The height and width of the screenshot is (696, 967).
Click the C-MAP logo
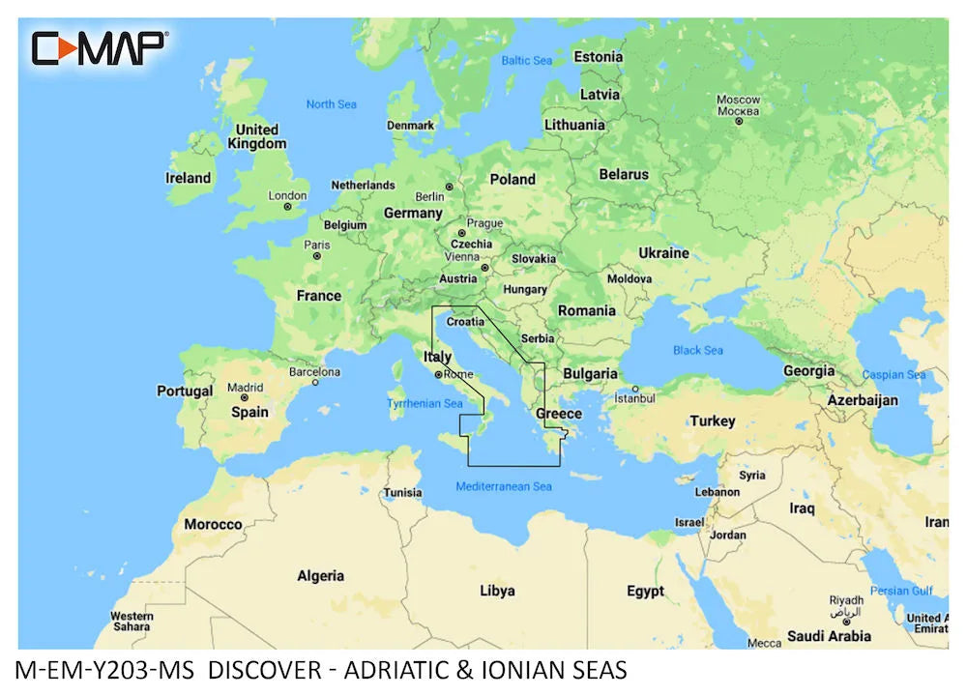tap(100, 47)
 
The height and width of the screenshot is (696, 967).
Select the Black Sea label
tap(698, 350)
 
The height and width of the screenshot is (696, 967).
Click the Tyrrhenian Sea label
tap(425, 403)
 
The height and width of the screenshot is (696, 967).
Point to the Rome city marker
tap(438, 374)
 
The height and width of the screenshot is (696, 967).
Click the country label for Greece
tap(559, 414)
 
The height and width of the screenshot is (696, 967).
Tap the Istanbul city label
tap(635, 397)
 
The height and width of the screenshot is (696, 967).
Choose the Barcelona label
tap(315, 372)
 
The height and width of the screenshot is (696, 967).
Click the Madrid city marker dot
tap(245, 397)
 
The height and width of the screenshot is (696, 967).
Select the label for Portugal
tap(185, 391)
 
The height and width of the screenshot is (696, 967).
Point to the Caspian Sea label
tap(894, 375)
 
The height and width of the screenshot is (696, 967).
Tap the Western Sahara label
tap(132, 622)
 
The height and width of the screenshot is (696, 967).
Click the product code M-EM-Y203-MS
tap(108, 670)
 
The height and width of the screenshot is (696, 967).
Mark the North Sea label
tap(332, 104)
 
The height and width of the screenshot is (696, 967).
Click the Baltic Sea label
tap(527, 61)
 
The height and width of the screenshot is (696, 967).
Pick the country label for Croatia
tap(465, 322)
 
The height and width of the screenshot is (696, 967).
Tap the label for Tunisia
tap(402, 493)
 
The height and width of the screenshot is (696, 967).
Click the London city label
tap(287, 195)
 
